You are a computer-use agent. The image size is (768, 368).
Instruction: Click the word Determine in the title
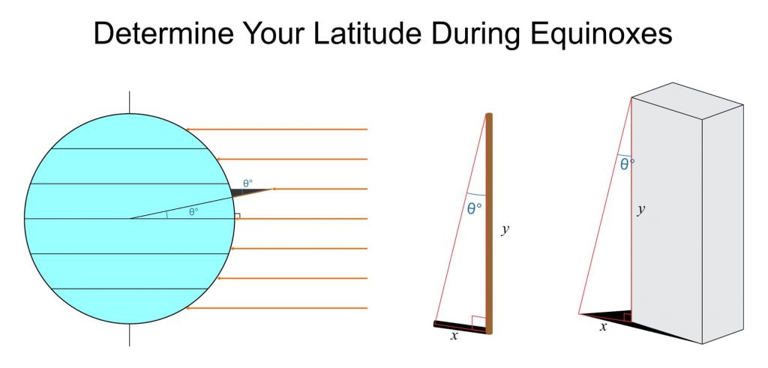[163, 34]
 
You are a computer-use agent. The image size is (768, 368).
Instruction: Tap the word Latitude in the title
[367, 34]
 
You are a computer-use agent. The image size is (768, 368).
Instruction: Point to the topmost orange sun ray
[277, 129]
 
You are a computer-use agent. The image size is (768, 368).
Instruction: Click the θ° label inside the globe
[193, 212]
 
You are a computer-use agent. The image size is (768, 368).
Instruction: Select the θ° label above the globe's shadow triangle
[247, 184]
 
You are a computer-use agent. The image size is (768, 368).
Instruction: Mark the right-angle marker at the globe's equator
[237, 216]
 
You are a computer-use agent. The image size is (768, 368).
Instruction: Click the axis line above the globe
[129, 102]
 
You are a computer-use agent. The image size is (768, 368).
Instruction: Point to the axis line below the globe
[129, 335]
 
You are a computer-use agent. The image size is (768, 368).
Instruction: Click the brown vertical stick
[489, 223]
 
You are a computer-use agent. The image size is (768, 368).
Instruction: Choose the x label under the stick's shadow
[454, 336]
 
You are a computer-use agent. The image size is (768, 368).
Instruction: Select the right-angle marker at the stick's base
[478, 322]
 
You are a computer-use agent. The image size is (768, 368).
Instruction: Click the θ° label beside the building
[628, 164]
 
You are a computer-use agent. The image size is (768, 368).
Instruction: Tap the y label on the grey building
[640, 210]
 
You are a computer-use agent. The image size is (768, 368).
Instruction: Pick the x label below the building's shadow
[604, 327]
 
